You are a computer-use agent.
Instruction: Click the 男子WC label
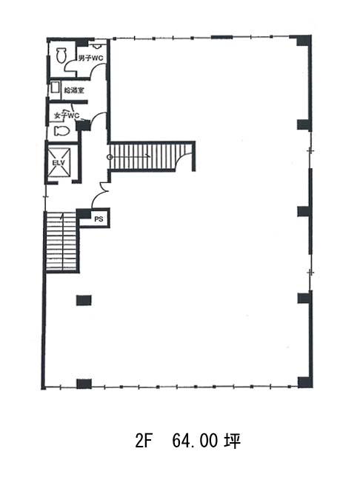(x=90, y=58)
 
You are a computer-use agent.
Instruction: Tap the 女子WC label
(x=67, y=116)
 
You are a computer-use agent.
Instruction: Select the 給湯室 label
(x=74, y=90)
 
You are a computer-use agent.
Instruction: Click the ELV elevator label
(x=59, y=163)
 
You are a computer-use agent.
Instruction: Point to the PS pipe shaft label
(x=99, y=219)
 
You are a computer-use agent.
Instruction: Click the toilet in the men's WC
(x=61, y=55)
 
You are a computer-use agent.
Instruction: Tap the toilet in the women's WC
(x=61, y=131)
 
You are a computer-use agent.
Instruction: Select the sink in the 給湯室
(x=55, y=87)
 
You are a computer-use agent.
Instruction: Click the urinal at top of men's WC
(x=97, y=46)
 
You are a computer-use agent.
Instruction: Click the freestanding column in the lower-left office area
(x=84, y=300)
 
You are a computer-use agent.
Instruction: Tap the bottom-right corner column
(x=304, y=382)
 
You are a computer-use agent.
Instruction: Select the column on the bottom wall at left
(x=84, y=384)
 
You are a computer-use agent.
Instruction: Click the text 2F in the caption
(x=143, y=440)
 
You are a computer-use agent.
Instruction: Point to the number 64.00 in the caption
(x=195, y=440)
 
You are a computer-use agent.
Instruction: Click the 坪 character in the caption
(x=233, y=440)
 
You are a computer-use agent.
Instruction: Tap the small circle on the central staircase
(x=110, y=157)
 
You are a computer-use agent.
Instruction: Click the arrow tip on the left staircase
(x=62, y=214)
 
